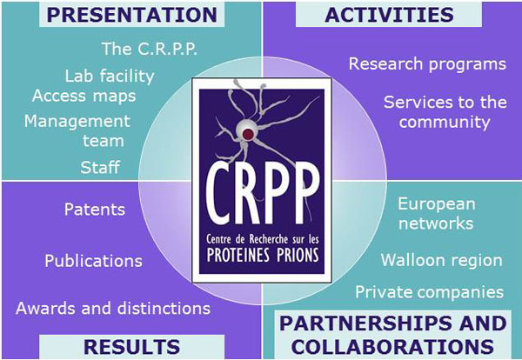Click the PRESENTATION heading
[132, 15]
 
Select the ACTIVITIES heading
[389, 15]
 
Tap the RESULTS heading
[132, 347]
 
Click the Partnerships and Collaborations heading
[393, 335]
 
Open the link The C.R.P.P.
[150, 49]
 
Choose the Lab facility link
[110, 77]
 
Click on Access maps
[84, 97]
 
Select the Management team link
[77, 130]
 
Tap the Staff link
[100, 167]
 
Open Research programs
[427, 63]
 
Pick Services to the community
[445, 112]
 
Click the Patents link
[95, 210]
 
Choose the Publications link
[93, 261]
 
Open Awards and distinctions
[113, 309]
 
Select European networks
[436, 214]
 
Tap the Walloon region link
[441, 260]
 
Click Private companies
[430, 292]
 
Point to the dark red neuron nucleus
[248, 134]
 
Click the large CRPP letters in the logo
[263, 193]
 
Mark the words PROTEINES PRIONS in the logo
[263, 255]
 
